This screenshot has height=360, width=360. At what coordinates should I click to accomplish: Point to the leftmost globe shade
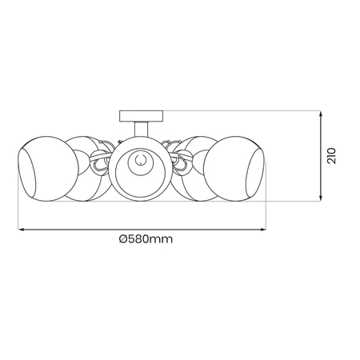click(x=44, y=170)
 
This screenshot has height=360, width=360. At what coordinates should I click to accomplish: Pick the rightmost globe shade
click(x=237, y=170)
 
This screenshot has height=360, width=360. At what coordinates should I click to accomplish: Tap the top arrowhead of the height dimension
click(x=322, y=113)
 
